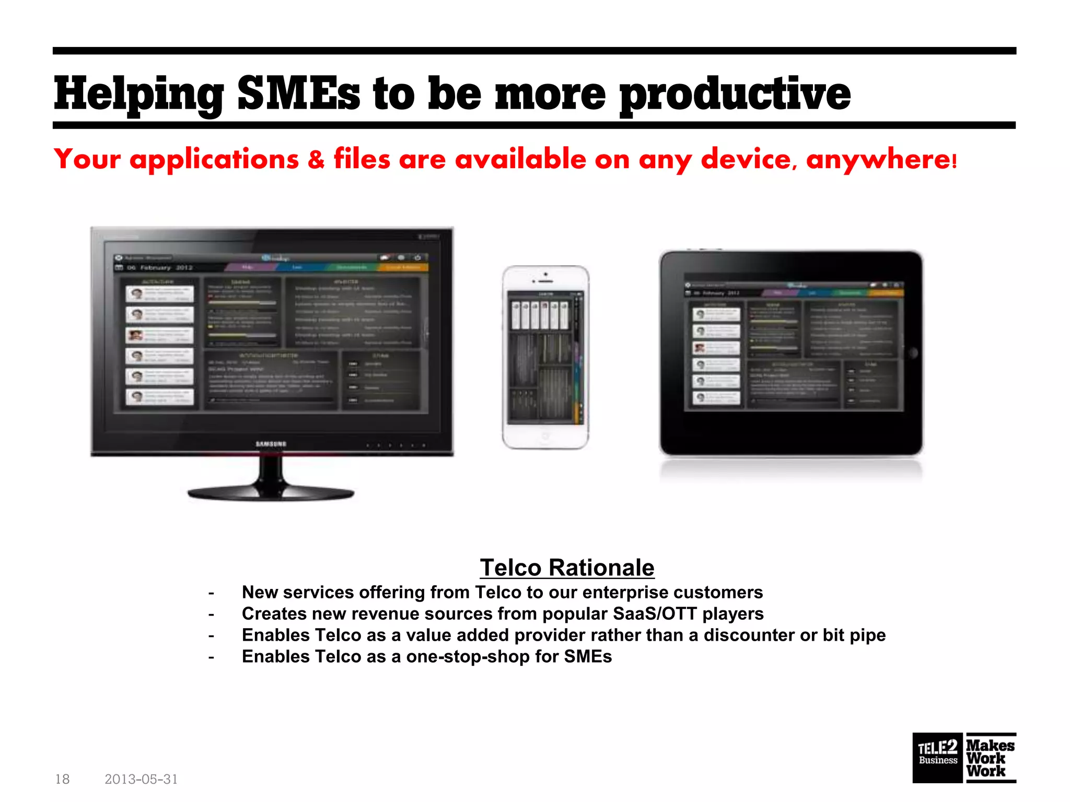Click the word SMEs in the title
tap(298, 94)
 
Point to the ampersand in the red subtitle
tap(316, 160)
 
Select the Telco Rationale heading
tap(567, 568)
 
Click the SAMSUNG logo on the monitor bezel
tap(271, 444)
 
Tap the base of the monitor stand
tap(271, 493)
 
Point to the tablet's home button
tap(913, 353)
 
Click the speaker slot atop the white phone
tap(545, 281)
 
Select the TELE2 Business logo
tap(937, 758)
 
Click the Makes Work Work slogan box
tap(991, 758)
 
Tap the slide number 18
tap(62, 779)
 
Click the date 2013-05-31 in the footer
tap(141, 779)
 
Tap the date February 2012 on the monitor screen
tap(159, 267)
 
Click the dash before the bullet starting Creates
tap(211, 615)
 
